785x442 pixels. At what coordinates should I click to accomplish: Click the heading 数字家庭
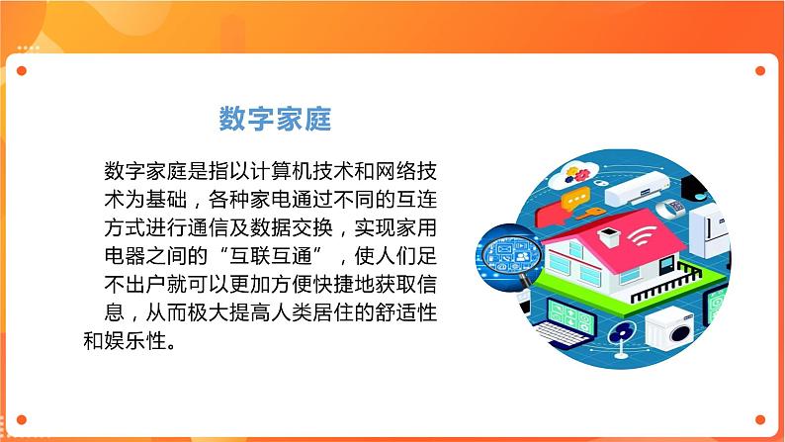(274, 120)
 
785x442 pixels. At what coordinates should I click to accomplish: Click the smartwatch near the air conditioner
(673, 208)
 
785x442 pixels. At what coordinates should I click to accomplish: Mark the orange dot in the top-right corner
(759, 71)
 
